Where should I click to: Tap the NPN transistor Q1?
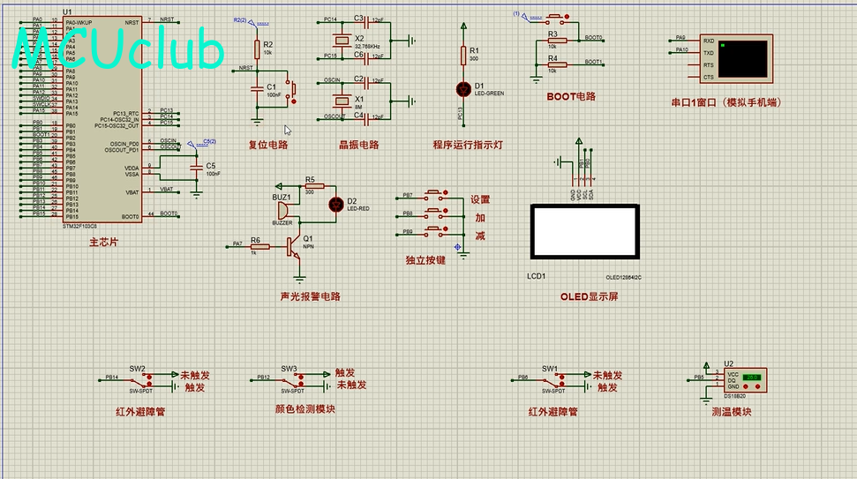296,248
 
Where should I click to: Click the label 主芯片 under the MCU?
103,242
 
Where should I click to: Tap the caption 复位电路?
268,145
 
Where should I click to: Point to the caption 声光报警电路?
310,296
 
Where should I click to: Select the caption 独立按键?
425,260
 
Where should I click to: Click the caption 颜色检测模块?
305,408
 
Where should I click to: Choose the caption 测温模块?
731,412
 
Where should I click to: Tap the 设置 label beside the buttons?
479,199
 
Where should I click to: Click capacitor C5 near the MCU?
196,168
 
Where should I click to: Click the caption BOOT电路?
571,96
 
